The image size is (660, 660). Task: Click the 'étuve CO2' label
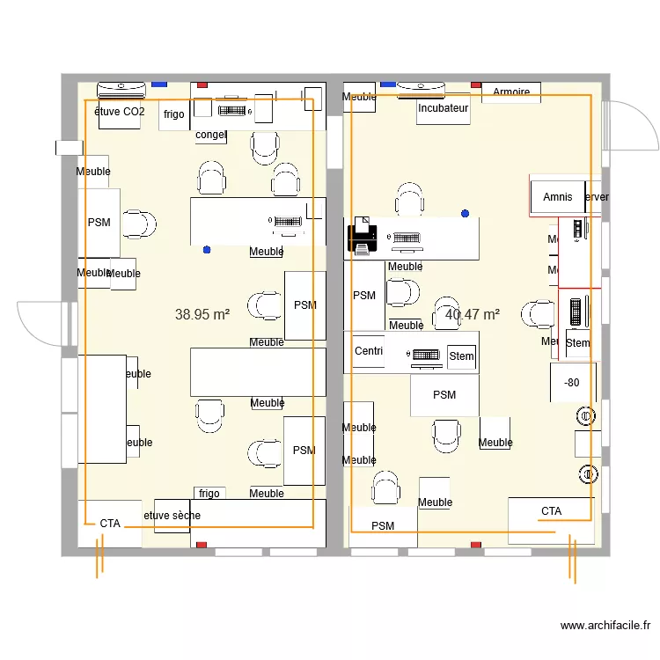click(x=119, y=112)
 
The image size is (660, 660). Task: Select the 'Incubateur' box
click(x=444, y=108)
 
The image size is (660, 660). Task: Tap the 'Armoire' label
click(x=511, y=92)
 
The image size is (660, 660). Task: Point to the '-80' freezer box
click(x=572, y=383)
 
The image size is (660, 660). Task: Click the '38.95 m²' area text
click(x=202, y=313)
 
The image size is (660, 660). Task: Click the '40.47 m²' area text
click(x=473, y=313)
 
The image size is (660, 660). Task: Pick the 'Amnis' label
click(x=558, y=197)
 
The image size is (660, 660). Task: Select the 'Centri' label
click(x=369, y=351)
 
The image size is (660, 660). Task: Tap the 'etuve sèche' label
click(x=172, y=515)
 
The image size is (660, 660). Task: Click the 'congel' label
click(x=211, y=135)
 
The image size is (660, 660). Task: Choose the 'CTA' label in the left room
click(x=110, y=523)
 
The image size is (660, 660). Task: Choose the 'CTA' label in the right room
click(x=551, y=510)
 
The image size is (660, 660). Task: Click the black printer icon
click(x=361, y=238)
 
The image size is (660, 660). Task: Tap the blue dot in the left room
click(x=207, y=250)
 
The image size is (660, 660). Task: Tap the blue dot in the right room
click(x=465, y=213)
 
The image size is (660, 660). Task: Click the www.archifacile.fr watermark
click(x=606, y=627)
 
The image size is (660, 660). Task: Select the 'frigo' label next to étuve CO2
click(x=173, y=114)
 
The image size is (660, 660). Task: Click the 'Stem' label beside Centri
click(x=461, y=356)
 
